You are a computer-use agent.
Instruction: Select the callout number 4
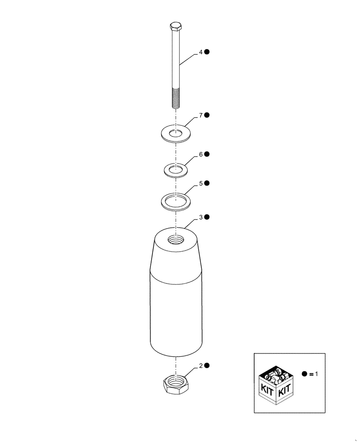pyautogui.click(x=200, y=52)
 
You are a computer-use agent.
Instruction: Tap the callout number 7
pyautogui.click(x=200, y=115)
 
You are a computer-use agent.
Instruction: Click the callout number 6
pyautogui.click(x=200, y=155)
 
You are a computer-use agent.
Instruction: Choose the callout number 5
pyautogui.click(x=200, y=183)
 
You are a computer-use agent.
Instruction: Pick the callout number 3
pyautogui.click(x=200, y=218)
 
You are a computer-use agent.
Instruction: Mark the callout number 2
pyautogui.click(x=200, y=366)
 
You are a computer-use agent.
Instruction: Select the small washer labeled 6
pyautogui.click(x=176, y=170)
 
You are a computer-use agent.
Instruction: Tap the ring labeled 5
pyautogui.click(x=176, y=201)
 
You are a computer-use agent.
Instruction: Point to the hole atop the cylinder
pyautogui.click(x=176, y=240)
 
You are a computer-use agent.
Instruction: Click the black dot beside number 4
pyautogui.click(x=207, y=52)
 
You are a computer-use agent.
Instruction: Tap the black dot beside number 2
pyautogui.click(x=207, y=366)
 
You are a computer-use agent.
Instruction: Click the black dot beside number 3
pyautogui.click(x=207, y=218)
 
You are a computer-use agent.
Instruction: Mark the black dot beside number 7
pyautogui.click(x=207, y=115)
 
